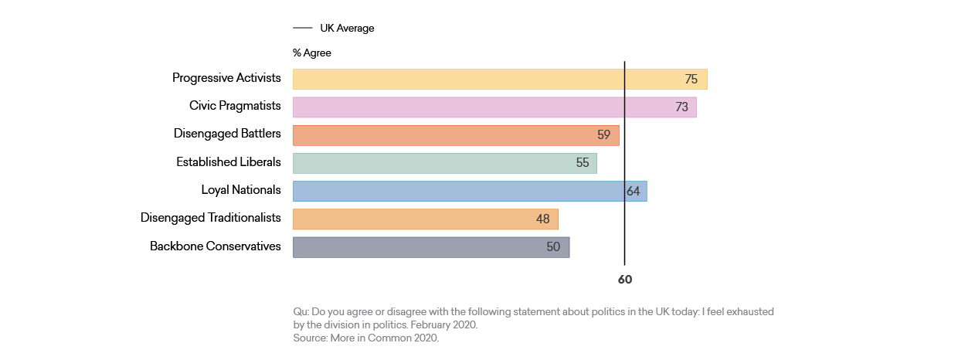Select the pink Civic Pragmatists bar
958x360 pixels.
click(x=494, y=107)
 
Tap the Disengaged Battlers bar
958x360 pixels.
click(x=456, y=135)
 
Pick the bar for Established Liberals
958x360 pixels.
click(x=444, y=163)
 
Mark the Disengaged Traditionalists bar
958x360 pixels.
click(x=425, y=219)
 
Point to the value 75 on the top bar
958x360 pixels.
click(x=691, y=79)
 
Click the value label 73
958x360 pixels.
click(x=681, y=107)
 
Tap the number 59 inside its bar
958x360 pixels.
click(x=604, y=135)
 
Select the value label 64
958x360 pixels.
click(x=634, y=191)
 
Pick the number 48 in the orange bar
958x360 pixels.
click(x=543, y=219)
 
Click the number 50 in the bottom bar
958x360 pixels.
click(x=553, y=247)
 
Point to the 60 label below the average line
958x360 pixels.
click(x=624, y=280)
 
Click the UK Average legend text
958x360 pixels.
click(x=347, y=28)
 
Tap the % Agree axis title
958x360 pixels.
click(x=312, y=53)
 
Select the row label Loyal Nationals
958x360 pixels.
click(x=241, y=190)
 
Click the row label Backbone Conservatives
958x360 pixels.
click(x=216, y=246)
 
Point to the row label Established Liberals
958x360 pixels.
click(x=229, y=162)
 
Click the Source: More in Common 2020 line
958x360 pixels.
click(x=365, y=338)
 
